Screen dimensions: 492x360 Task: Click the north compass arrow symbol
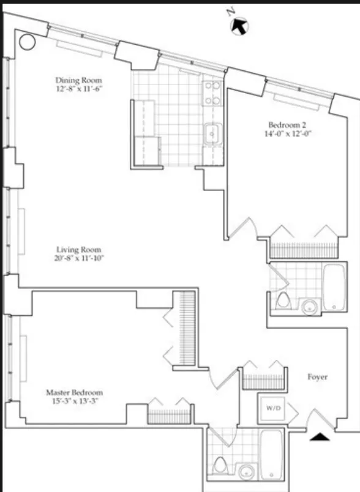[239, 26]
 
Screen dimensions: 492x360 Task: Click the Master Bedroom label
[75, 392]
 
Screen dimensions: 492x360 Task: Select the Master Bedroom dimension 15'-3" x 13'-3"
[75, 402]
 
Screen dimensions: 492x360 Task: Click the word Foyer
[317, 377]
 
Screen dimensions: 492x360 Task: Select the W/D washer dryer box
[272, 407]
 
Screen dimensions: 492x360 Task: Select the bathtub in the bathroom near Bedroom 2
[334, 287]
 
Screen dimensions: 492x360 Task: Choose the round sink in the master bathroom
[246, 472]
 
